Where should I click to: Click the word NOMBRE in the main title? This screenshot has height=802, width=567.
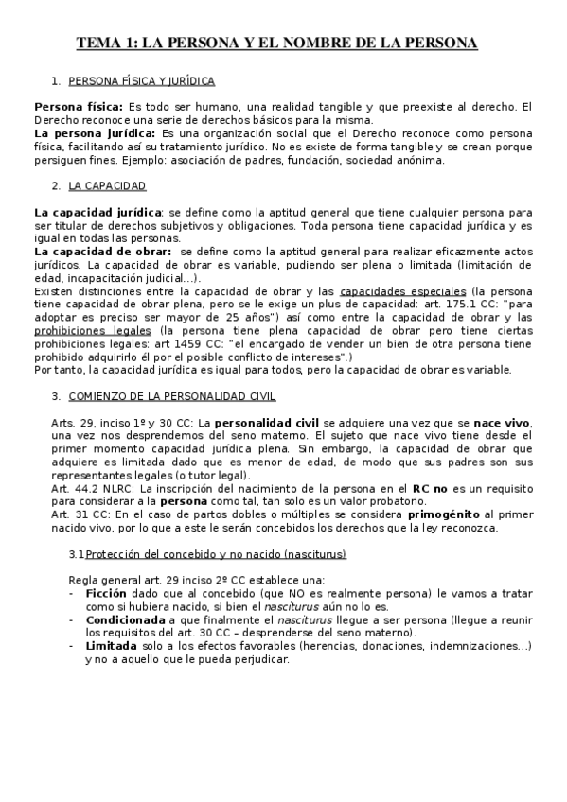click(x=357, y=44)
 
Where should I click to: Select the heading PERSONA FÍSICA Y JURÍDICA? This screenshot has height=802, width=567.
click(x=142, y=82)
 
